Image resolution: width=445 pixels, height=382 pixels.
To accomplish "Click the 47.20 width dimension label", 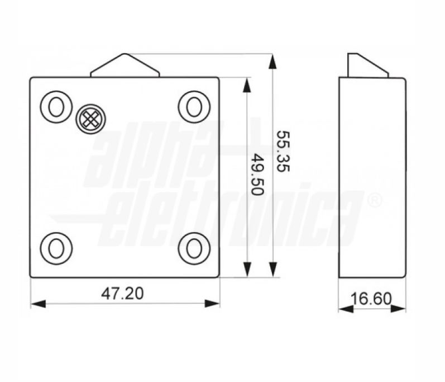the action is coord(122,294).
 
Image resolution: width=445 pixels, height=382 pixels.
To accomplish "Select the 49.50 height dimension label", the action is coord(258,175).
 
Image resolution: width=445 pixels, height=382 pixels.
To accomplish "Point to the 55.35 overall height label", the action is coord(283,151).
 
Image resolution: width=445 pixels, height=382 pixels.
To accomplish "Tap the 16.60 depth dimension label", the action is coord(371,299).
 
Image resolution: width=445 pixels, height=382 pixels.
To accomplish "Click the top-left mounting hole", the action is coord(56,107).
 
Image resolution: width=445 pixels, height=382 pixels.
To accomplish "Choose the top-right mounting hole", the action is coord(194,107).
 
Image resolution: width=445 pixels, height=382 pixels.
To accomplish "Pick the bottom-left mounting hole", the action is coord(56,248).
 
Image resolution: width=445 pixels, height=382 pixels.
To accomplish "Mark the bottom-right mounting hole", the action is coord(194,248).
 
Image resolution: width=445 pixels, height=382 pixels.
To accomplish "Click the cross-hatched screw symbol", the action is coord(91,119).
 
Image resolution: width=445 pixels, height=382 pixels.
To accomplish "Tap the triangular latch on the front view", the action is coord(125,65).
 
